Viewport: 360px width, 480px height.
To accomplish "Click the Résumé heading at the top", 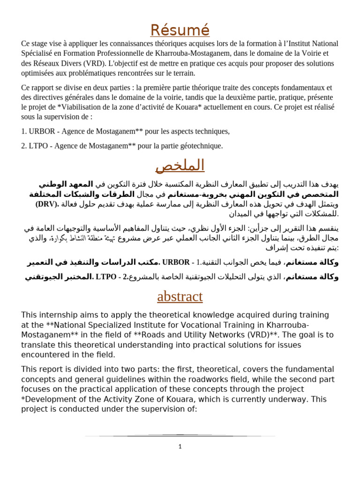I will (180, 30).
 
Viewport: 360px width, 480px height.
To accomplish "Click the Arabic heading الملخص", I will (180, 165).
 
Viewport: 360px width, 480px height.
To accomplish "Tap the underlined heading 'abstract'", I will (180, 296).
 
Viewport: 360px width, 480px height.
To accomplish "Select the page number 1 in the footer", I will (180, 447).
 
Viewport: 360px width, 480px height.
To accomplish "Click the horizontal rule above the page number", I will (180, 435).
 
